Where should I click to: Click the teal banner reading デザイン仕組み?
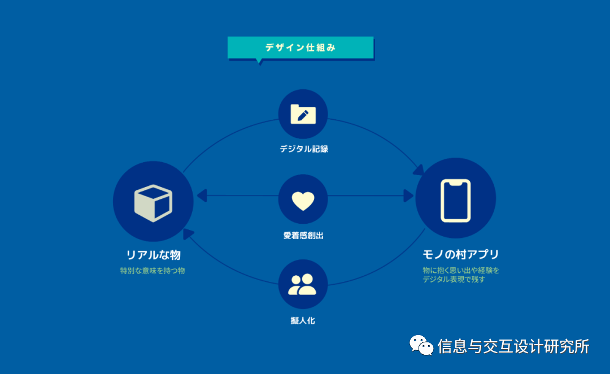pyautogui.click(x=300, y=47)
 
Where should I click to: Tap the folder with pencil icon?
pyautogui.click(x=303, y=114)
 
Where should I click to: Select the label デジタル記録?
pyautogui.click(x=303, y=149)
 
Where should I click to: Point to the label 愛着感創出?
pyautogui.click(x=303, y=236)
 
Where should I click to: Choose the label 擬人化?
pyautogui.click(x=303, y=320)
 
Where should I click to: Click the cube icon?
pyautogui.click(x=153, y=202)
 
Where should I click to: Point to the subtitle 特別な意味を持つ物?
pyautogui.click(x=152, y=271)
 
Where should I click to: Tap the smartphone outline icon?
pyautogui.click(x=455, y=200)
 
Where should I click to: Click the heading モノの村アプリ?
pyautogui.click(x=461, y=254)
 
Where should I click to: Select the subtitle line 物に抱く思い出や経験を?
pyautogui.click(x=461, y=270)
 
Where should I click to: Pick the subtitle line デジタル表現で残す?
pyautogui.click(x=454, y=279)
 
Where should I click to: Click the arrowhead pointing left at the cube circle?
pyautogui.click(x=202, y=195)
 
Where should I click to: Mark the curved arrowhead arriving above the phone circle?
pyautogui.click(x=419, y=168)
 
